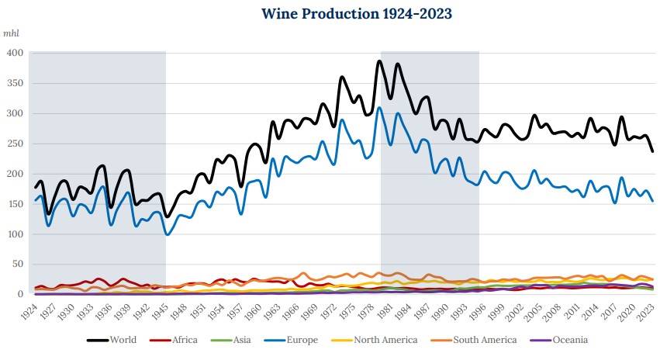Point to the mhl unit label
click(x=12, y=34)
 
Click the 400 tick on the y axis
click(x=16, y=53)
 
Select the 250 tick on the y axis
click(x=16, y=144)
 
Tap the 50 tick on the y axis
click(x=18, y=265)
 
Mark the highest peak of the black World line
click(x=379, y=61)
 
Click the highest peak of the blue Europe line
click(x=379, y=108)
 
